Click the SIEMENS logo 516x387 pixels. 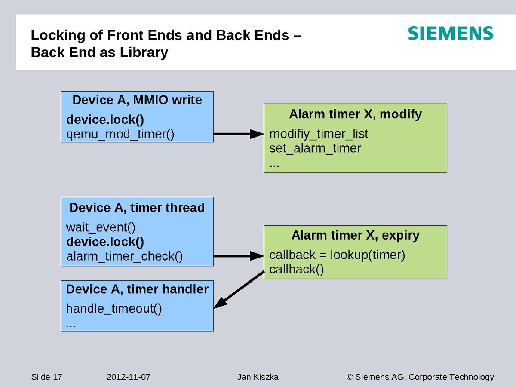point(451,33)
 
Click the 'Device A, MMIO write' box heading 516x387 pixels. point(137,100)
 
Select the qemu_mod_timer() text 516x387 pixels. point(120,134)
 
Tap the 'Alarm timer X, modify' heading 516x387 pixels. point(355,114)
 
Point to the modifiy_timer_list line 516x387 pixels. point(319,134)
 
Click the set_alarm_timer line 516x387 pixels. point(315,148)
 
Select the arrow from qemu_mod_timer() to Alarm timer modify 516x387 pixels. point(238,134)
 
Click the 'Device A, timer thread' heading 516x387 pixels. point(137,208)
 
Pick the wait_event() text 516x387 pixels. point(101,227)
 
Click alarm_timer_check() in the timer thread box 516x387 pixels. point(125,256)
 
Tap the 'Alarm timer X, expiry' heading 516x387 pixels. point(355,235)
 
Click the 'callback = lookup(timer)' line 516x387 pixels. point(337,255)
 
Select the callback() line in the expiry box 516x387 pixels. point(297,270)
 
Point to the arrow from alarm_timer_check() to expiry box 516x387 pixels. point(238,256)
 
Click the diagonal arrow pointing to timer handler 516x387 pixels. point(239,289)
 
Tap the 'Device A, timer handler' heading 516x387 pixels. point(137,289)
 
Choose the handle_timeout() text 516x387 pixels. point(114,309)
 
